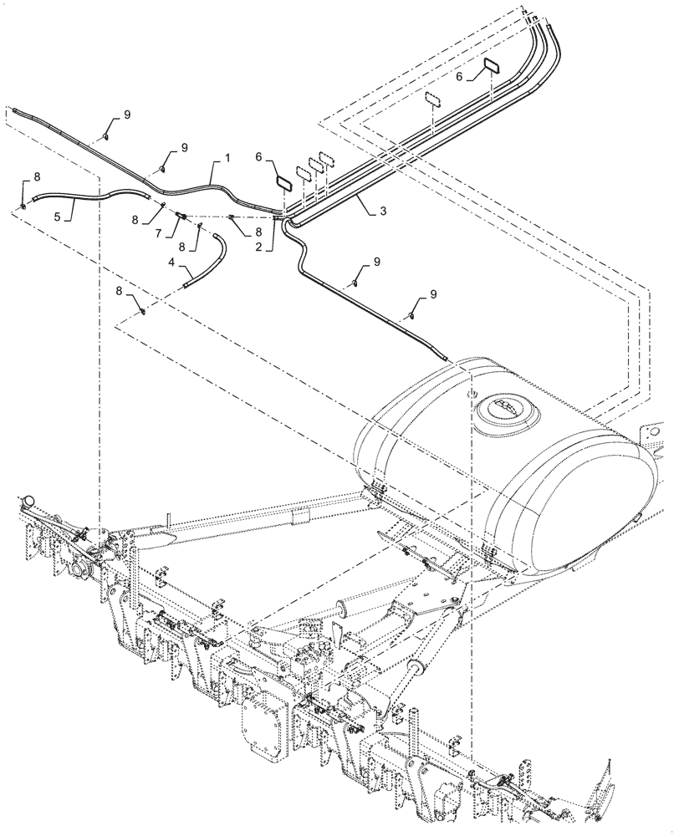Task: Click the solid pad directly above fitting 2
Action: (283, 181)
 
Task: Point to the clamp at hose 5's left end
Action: (23, 204)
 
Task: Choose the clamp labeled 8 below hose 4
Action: (143, 313)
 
